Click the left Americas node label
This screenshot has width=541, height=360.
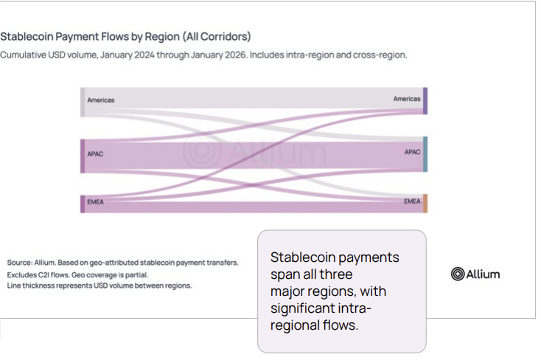pyautogui.click(x=100, y=100)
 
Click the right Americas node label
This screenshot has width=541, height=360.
pyautogui.click(x=406, y=99)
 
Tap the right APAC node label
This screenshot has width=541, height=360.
pyautogui.click(x=412, y=152)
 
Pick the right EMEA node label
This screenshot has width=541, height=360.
pyautogui.click(x=412, y=201)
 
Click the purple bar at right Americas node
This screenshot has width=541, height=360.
pyautogui.click(x=425, y=101)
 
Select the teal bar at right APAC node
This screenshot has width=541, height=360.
pyautogui.click(x=425, y=153)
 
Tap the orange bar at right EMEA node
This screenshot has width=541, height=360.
pyautogui.click(x=425, y=204)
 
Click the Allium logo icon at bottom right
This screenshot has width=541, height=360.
pyautogui.click(x=457, y=274)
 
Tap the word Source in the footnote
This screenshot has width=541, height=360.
pyautogui.click(x=20, y=263)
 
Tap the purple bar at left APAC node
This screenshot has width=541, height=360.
pyautogui.click(x=83, y=156)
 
